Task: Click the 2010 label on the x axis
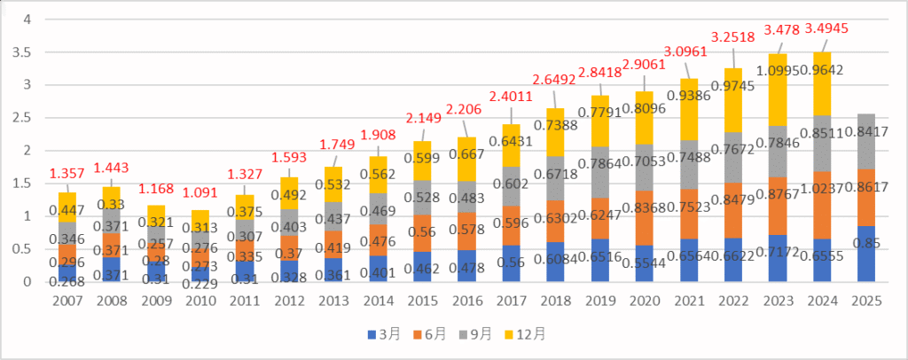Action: pos(201,302)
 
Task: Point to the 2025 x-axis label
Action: pos(866,302)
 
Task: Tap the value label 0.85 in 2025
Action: pos(866,242)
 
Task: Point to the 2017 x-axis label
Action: pos(512,302)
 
